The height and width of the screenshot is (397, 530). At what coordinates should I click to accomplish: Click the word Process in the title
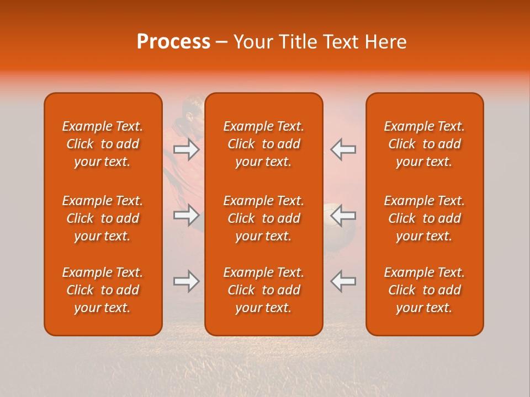click(x=173, y=42)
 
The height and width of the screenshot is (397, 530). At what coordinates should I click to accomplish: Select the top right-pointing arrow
click(x=187, y=149)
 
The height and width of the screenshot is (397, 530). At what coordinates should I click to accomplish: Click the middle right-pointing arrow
click(x=187, y=215)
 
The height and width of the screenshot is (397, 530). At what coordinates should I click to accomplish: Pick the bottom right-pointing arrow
click(x=187, y=281)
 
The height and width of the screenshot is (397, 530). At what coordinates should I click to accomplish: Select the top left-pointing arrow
click(x=343, y=149)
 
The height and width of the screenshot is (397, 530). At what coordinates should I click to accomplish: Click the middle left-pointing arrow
click(x=343, y=215)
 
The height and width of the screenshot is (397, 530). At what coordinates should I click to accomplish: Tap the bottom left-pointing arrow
click(x=343, y=281)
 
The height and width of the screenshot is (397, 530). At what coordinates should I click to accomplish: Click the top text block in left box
click(x=103, y=144)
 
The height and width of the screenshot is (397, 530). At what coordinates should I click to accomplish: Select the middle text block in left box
click(x=103, y=218)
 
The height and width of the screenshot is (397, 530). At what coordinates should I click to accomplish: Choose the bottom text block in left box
click(x=103, y=290)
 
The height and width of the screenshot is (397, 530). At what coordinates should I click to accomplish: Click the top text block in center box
click(x=264, y=144)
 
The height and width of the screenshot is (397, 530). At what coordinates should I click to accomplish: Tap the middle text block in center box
click(x=264, y=218)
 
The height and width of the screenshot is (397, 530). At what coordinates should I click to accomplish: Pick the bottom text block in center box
click(x=264, y=290)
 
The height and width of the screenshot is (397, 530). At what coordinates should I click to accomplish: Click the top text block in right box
click(x=425, y=144)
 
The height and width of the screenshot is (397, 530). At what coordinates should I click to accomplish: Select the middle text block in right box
click(x=425, y=218)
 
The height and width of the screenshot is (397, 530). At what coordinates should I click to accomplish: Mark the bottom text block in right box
click(x=425, y=290)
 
